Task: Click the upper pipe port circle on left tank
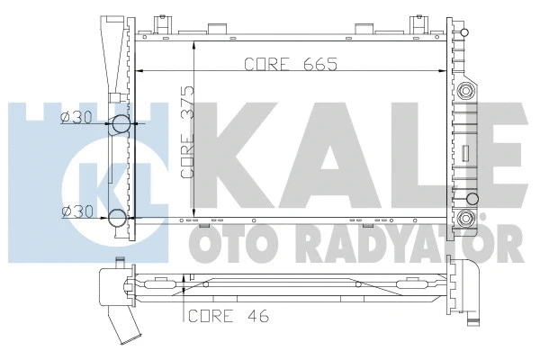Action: pyautogui.click(x=119, y=127)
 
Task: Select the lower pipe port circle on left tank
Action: pyautogui.click(x=119, y=217)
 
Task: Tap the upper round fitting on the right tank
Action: pyautogui.click(x=466, y=90)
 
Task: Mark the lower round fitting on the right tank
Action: pyautogui.click(x=466, y=219)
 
